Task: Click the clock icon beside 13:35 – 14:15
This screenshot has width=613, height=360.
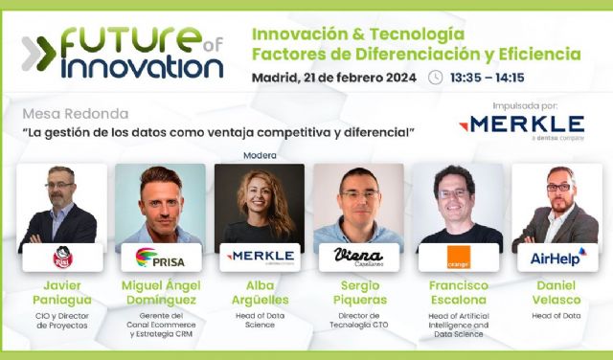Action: coord(436,78)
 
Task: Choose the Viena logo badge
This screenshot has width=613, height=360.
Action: coord(358,257)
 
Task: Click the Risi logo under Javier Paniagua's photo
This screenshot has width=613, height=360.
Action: coord(62,257)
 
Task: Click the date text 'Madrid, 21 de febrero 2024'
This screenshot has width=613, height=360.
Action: coord(333,78)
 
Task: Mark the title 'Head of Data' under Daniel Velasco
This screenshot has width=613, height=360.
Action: coord(556,315)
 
